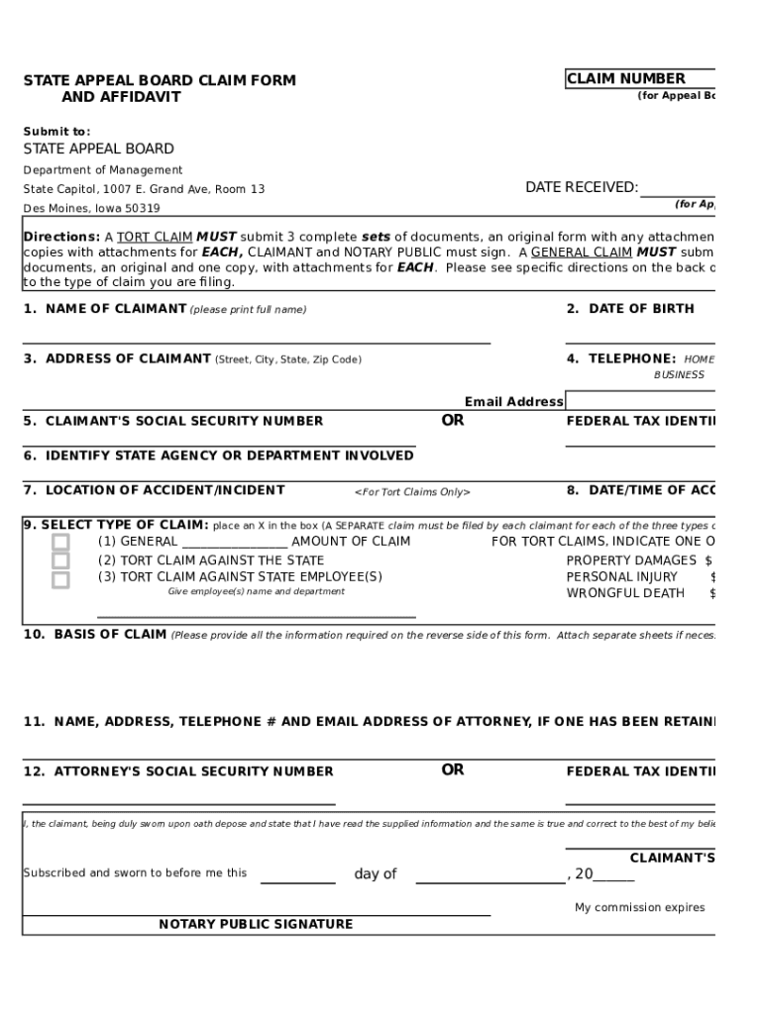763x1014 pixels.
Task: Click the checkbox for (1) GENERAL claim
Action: (x=61, y=542)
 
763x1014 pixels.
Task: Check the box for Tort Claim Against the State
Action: (x=61, y=560)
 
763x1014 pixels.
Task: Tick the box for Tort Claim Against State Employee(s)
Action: (x=61, y=579)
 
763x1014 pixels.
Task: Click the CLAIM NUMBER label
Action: (x=625, y=79)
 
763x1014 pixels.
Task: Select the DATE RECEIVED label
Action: (x=581, y=187)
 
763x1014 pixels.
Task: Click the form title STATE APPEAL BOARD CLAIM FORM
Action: (x=160, y=80)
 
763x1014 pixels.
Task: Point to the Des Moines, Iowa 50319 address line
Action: (x=91, y=208)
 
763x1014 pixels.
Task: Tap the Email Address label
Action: (x=513, y=401)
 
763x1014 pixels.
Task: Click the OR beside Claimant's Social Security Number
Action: (x=453, y=420)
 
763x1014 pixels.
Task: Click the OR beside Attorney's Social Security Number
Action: (x=453, y=769)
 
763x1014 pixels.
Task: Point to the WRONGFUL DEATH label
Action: (x=625, y=593)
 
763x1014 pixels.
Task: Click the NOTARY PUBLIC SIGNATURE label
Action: (x=256, y=924)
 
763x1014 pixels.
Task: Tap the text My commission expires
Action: (x=639, y=907)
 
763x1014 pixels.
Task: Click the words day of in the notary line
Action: (x=375, y=873)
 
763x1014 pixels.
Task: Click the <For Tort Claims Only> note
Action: (x=412, y=492)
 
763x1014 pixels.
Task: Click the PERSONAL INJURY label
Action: (x=621, y=576)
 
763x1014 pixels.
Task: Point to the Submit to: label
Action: (x=56, y=131)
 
